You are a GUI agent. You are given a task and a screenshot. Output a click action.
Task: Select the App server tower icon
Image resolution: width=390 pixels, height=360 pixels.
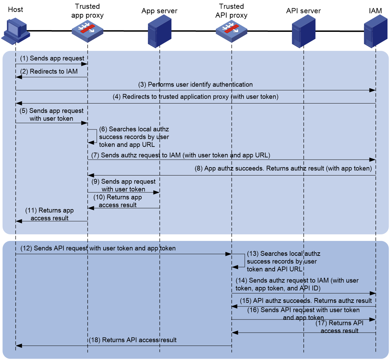click(x=159, y=31)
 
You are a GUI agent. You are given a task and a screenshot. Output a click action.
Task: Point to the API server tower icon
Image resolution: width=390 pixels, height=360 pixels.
click(x=303, y=31)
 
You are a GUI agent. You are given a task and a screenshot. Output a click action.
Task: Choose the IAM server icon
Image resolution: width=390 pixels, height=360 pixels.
click(x=375, y=31)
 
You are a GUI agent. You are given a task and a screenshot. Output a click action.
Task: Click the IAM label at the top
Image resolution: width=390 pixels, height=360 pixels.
click(x=375, y=11)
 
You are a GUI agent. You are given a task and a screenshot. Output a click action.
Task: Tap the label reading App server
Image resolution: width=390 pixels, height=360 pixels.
click(x=159, y=11)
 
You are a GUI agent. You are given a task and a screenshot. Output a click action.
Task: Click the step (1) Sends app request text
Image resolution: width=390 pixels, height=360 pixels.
click(x=52, y=58)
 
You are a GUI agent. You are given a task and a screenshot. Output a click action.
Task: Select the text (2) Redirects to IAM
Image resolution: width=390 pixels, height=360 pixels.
click(x=49, y=71)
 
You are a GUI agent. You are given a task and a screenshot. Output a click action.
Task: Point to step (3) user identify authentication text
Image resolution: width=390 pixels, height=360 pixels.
click(x=195, y=84)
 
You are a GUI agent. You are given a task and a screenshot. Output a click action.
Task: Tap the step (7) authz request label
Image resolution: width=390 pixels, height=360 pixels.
click(x=180, y=155)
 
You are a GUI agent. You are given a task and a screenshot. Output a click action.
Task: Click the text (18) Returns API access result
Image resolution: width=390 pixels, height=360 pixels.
click(x=133, y=340)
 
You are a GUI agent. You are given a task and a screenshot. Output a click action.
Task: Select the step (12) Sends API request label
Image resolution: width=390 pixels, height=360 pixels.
click(x=98, y=248)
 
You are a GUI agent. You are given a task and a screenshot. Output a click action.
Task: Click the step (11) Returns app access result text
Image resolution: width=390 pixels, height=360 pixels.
click(x=50, y=214)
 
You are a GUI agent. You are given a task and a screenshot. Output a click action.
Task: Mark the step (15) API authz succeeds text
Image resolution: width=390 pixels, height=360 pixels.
click(x=306, y=300)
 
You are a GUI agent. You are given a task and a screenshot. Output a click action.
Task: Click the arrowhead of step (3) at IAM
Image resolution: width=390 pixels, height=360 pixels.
click(x=372, y=90)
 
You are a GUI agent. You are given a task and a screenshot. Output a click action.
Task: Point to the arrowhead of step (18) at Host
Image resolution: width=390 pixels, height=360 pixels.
click(x=19, y=345)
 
